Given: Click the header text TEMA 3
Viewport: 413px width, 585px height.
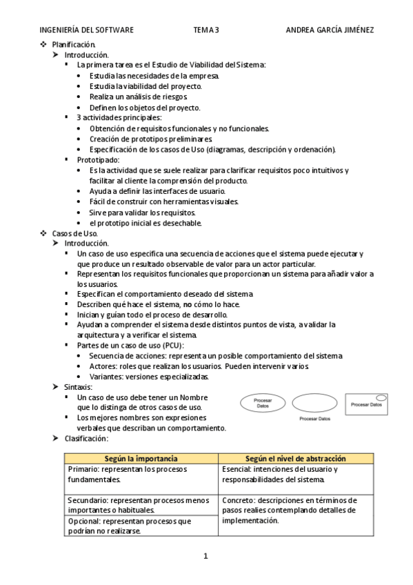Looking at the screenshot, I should point(206,30).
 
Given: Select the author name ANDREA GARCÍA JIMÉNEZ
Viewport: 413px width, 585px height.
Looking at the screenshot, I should point(330,30).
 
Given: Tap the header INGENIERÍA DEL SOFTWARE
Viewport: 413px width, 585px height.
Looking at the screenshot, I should point(87,30).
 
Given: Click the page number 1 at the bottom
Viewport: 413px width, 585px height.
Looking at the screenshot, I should point(205,556).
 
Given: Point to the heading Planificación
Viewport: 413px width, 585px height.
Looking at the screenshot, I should point(74,44).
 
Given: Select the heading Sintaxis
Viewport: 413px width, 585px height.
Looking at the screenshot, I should point(79,387).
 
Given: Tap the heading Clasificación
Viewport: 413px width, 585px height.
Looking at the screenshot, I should point(86,438).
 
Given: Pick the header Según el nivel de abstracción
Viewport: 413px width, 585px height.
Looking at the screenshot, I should point(296,459).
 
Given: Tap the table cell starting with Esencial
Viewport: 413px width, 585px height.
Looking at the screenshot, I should point(296,474).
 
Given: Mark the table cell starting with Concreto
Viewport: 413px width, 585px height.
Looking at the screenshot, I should point(296,510).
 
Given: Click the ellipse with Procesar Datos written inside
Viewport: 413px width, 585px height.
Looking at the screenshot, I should point(263,403).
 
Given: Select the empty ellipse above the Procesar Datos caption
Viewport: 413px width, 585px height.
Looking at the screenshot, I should point(314,403).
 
